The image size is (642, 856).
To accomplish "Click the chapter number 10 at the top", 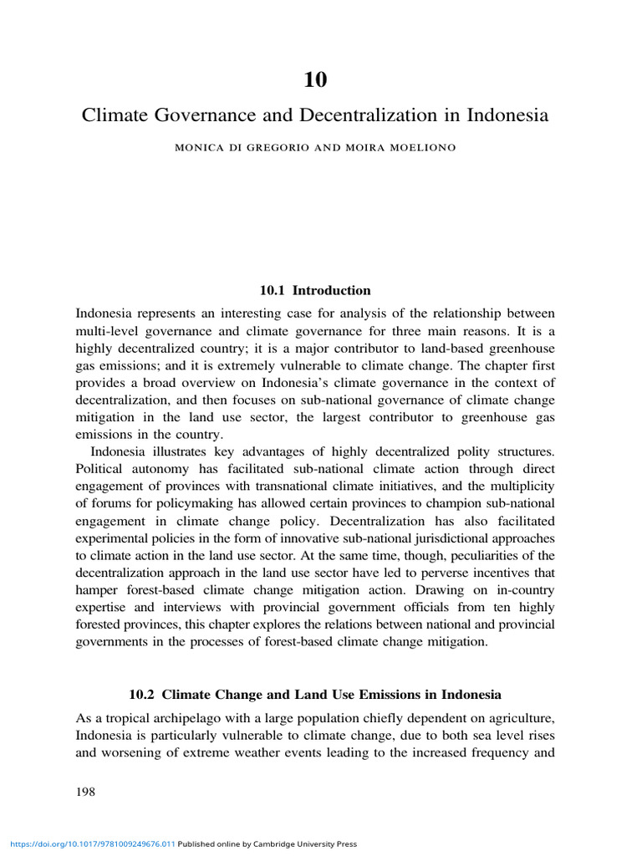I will (315, 79).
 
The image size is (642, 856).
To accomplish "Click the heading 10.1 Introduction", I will (315, 290).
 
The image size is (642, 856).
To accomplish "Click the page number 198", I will (85, 792).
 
